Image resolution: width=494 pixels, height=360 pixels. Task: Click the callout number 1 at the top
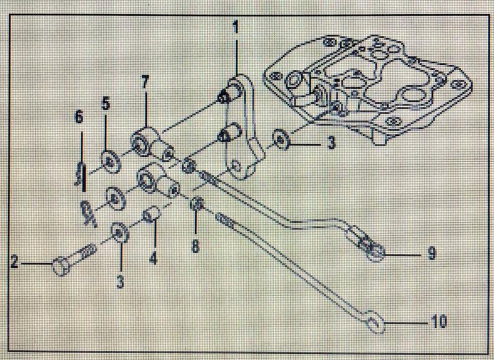(x=235, y=27)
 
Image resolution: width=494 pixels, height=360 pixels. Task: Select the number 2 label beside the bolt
(x=14, y=264)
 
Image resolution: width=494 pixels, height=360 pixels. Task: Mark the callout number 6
(x=78, y=116)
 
